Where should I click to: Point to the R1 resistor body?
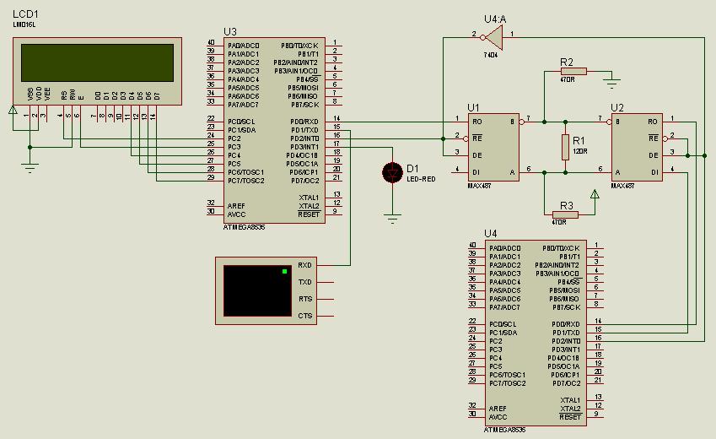(565, 147)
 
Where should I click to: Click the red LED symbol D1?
(391, 172)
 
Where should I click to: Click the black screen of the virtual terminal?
(257, 290)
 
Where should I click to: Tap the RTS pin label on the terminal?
(304, 299)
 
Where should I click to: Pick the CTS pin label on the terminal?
(304, 316)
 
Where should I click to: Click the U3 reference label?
(230, 32)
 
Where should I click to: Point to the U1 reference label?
(473, 108)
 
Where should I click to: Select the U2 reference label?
(617, 108)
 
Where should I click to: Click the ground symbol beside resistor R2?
(613, 82)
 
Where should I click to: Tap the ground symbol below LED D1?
(391, 219)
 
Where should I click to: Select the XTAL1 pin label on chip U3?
(309, 198)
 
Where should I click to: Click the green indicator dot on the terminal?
(284, 271)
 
